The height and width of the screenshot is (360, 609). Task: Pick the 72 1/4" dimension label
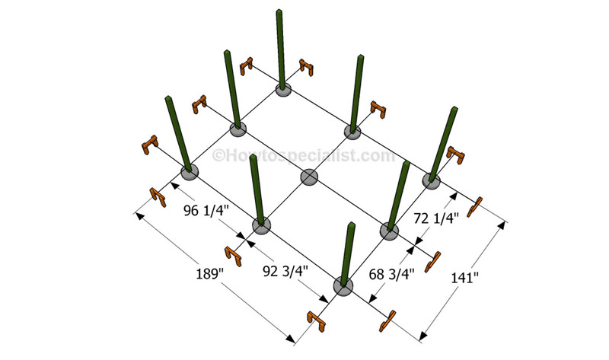[435, 218]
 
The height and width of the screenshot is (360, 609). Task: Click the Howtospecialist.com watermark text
[304, 155]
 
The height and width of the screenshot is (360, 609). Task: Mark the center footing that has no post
[309, 177]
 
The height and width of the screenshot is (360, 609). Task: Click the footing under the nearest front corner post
[344, 286]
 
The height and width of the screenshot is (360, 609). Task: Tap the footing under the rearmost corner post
[283, 91]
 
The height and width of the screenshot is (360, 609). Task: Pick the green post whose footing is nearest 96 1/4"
[177, 133]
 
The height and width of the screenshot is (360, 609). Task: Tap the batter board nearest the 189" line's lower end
[316, 321]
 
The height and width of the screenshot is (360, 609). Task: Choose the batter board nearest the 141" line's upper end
[477, 205]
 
